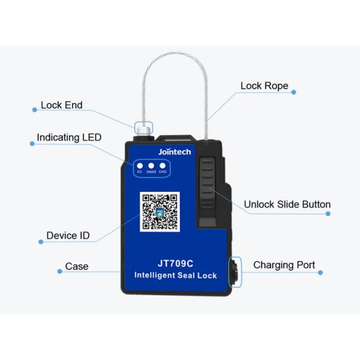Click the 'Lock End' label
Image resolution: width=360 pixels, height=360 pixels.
tap(61, 106)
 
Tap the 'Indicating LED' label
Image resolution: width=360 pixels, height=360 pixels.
tap(69, 137)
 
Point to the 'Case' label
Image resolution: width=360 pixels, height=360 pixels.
tap(77, 266)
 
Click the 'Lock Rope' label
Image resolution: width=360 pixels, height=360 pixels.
tap(264, 86)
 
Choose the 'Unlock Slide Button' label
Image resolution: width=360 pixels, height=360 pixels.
tap(287, 205)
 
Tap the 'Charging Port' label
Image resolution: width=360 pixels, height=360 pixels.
tap(284, 265)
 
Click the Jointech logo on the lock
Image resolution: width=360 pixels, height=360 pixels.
tap(174, 152)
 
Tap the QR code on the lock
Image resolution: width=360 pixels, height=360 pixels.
tap(159, 212)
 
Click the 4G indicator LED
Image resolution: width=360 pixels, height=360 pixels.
tap(140, 166)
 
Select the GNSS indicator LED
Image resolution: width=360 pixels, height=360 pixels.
tap(151, 166)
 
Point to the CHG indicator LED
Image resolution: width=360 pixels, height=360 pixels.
tap(163, 166)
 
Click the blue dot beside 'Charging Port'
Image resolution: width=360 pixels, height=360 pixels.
tap(320, 272)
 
